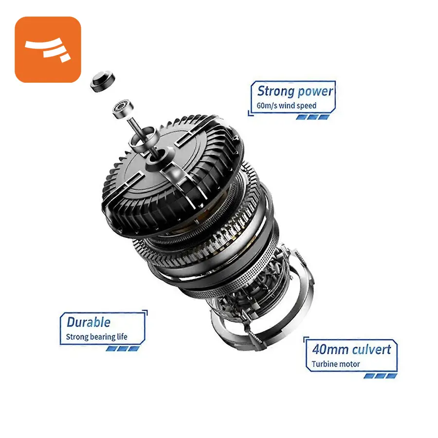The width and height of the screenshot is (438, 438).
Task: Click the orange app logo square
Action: point(48,50)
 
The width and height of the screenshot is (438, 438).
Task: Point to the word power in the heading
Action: point(314,92)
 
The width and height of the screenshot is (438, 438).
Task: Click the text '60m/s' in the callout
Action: point(267,106)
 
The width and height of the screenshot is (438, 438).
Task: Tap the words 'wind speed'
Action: point(297,106)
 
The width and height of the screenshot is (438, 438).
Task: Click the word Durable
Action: point(89,322)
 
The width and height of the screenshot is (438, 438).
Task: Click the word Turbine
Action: point(322,364)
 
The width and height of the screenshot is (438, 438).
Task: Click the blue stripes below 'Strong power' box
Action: point(313,117)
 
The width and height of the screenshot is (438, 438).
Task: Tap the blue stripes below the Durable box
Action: point(122,348)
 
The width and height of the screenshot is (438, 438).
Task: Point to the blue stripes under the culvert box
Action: point(381,376)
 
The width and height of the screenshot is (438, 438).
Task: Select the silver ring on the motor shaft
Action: point(143,139)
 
